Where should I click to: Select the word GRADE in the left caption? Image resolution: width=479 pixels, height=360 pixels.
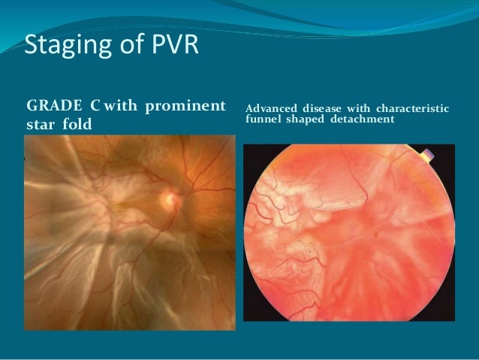[54, 103]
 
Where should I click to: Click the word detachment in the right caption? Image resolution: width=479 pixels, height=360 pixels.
[366, 119]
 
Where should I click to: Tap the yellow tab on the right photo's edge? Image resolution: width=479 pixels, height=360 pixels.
[428, 157]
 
